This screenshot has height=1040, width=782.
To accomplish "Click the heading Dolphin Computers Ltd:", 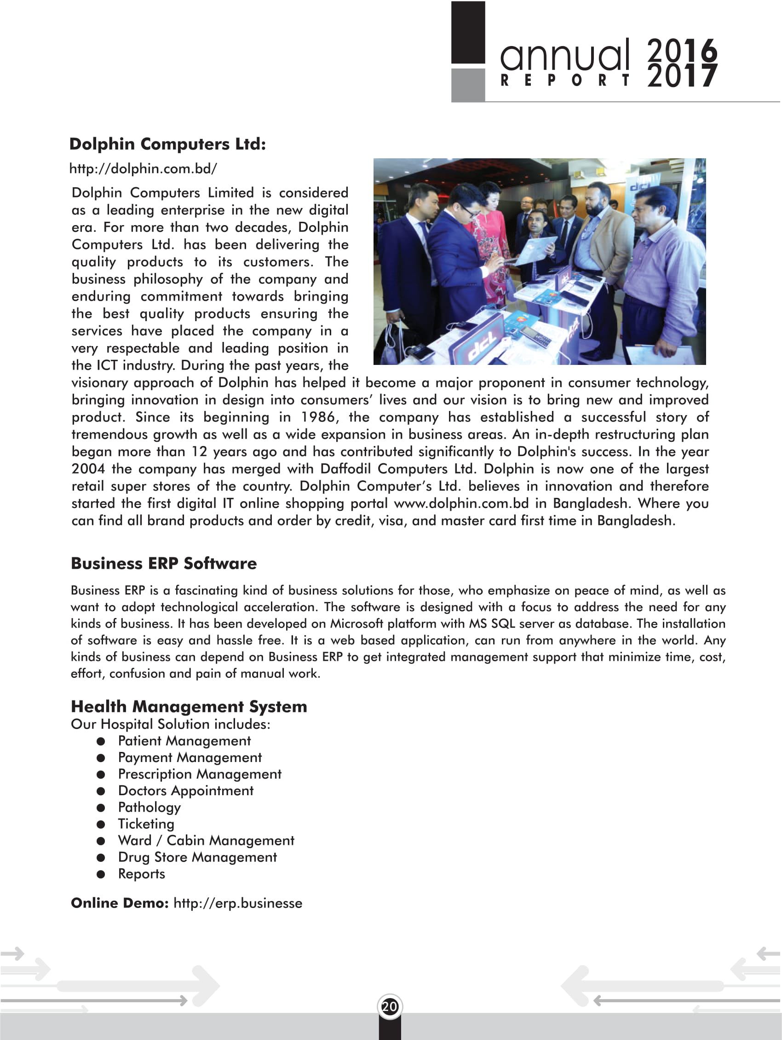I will pos(167,144).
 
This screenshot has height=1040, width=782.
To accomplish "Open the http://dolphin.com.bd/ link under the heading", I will pos(143,168).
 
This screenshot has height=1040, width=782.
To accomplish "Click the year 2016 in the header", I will pos(682,50).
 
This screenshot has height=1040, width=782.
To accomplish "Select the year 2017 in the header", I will pos(682,76).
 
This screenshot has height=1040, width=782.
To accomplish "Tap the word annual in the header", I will pos(564,55).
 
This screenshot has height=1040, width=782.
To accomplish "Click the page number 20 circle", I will pos(390,1006).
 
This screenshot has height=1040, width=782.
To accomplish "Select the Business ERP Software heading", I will pos(164,563).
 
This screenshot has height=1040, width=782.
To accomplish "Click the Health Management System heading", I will pos(189,706).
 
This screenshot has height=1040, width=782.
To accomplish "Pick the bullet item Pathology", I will pos(149,807).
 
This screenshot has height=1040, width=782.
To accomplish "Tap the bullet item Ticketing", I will pos(146,824).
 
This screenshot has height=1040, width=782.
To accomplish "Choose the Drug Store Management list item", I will pos(197,857).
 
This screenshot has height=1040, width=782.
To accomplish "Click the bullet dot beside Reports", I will pos(101,874).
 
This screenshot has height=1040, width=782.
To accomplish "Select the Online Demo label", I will pos(119,903).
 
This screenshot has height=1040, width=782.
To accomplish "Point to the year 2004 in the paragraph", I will pos(88,469).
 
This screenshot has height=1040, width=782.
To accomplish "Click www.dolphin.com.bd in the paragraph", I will pos(461,503).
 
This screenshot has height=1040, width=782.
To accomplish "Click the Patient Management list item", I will pos(184,741).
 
